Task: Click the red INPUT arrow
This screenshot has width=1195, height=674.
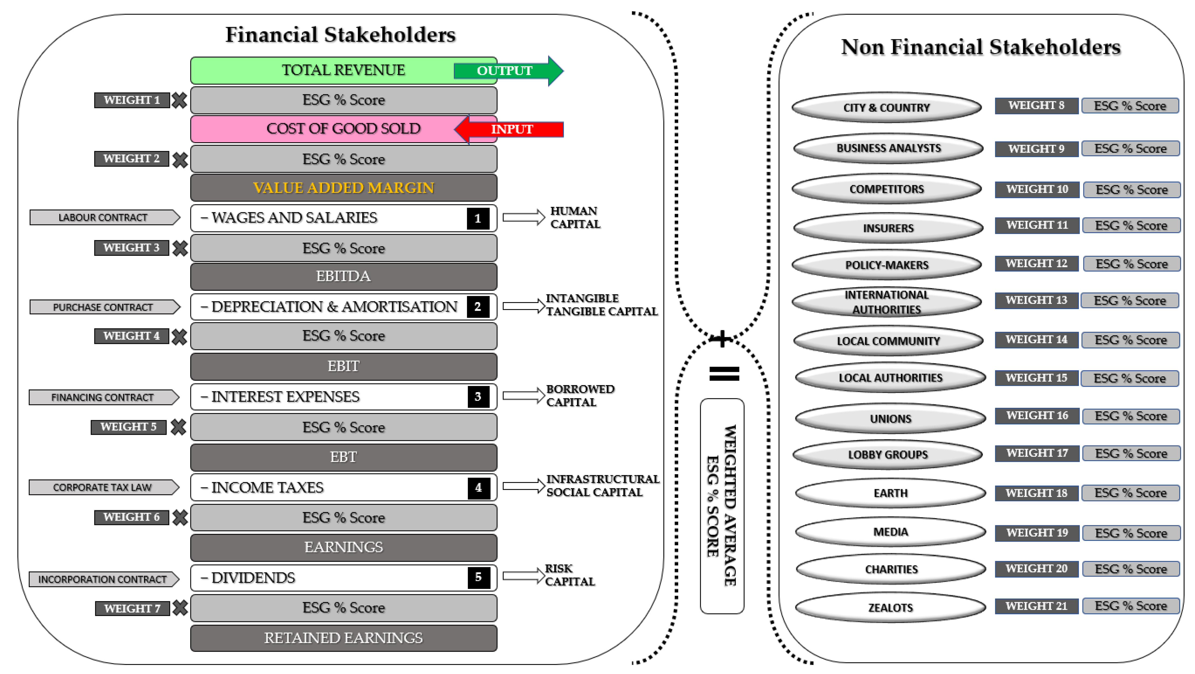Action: [x=510, y=129]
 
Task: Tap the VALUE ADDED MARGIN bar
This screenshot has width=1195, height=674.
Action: [x=343, y=188]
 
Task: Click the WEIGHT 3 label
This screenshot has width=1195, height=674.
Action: [x=131, y=248]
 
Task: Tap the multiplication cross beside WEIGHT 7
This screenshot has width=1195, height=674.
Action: [x=180, y=608]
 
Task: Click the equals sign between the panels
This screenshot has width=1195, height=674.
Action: [x=724, y=374]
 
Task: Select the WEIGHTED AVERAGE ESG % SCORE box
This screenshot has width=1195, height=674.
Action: [x=722, y=506]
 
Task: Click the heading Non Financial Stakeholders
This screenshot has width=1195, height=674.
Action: [x=981, y=47]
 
